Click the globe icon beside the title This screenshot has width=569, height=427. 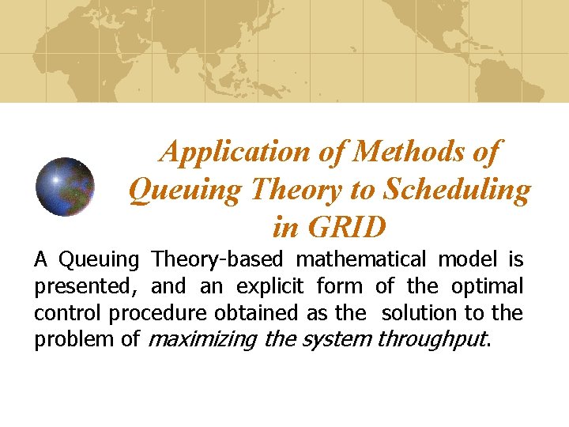(x=66, y=187)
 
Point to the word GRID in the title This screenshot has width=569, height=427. (x=349, y=227)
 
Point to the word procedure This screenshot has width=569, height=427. (x=158, y=313)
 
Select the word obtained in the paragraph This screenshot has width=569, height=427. (x=254, y=312)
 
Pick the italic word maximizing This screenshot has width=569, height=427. (x=201, y=340)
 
